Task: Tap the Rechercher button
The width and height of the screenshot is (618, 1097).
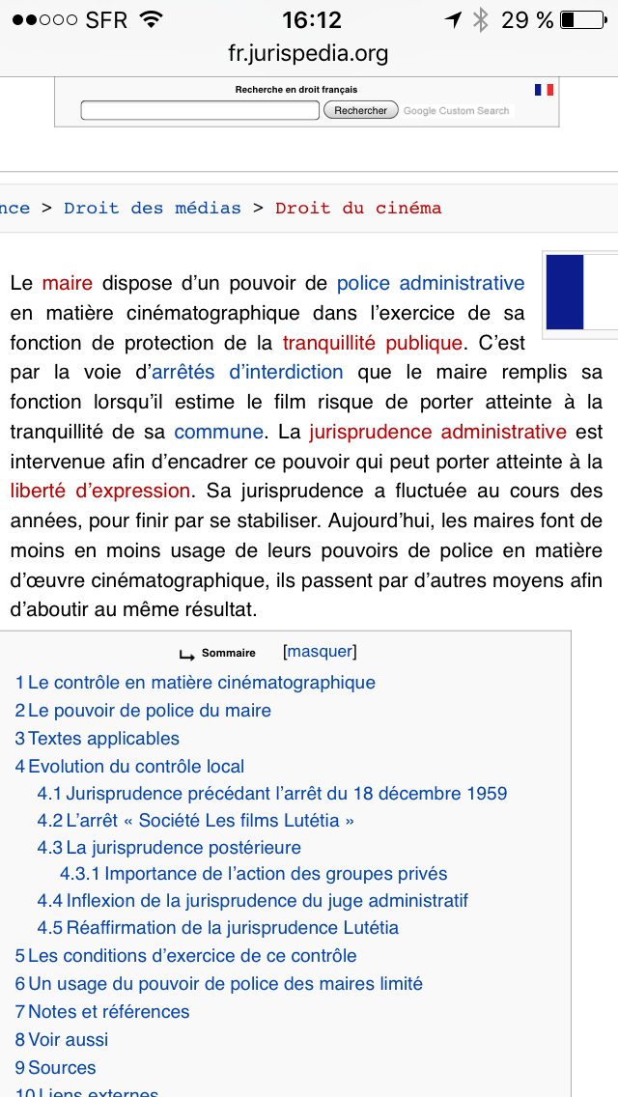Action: [x=361, y=111]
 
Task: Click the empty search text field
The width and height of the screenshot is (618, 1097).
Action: [x=200, y=111]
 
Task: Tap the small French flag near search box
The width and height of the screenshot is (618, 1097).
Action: [x=545, y=90]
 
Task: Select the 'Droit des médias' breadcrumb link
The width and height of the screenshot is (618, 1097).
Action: [x=153, y=208]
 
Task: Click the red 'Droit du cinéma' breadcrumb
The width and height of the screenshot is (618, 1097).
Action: [x=358, y=208]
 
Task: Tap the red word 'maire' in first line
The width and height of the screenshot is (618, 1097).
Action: [x=68, y=283]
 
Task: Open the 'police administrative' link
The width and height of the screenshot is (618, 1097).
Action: [x=431, y=283]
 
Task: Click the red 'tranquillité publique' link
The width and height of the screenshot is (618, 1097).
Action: [x=373, y=343]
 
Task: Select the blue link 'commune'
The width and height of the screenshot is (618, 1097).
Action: [x=219, y=432]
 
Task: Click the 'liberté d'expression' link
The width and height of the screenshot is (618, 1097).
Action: [x=100, y=491]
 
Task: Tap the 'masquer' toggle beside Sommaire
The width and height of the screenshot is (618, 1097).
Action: [x=321, y=652]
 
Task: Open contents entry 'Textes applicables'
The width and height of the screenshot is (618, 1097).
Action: [x=103, y=739]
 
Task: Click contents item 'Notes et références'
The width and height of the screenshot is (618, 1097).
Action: [x=108, y=1012]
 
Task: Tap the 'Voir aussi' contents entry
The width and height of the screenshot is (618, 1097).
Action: [x=68, y=1040]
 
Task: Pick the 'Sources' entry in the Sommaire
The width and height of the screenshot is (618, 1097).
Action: [x=62, y=1068]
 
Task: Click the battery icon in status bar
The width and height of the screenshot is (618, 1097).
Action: [x=580, y=20]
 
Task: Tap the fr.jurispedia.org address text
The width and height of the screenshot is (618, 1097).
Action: [x=309, y=53]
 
